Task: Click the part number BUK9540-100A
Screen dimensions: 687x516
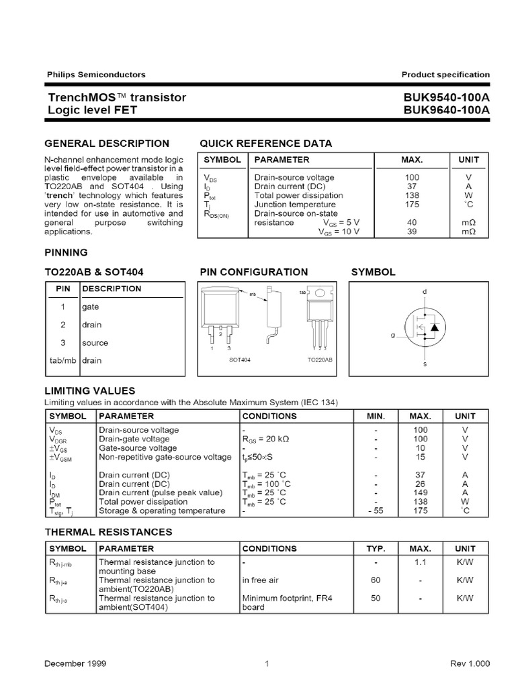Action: [x=447, y=98]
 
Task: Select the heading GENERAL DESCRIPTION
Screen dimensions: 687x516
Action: [x=107, y=144]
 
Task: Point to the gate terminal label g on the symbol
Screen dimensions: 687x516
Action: [x=393, y=335]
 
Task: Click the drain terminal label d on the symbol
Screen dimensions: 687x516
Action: [x=424, y=292]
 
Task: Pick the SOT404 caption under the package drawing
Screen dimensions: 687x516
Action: [x=240, y=360]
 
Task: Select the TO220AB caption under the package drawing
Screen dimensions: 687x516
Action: [x=320, y=360]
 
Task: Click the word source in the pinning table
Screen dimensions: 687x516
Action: [x=95, y=342]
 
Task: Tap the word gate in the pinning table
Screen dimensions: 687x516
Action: [x=90, y=307]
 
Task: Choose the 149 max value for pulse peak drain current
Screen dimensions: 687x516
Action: [x=421, y=492]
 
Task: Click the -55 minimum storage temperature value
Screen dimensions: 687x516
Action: [x=375, y=511]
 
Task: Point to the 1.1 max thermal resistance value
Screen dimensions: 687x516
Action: [x=421, y=562]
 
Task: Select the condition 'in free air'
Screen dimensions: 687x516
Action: [x=260, y=580]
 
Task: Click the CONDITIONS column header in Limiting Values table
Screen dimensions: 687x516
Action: [x=269, y=416]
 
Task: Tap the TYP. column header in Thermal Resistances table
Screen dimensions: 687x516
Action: [x=376, y=548]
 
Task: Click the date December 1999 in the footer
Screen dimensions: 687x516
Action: [x=76, y=664]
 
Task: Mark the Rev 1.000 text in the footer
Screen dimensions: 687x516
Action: [x=470, y=664]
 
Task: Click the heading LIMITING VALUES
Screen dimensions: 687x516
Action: [x=89, y=390]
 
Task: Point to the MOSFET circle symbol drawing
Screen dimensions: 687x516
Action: [x=424, y=328]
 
